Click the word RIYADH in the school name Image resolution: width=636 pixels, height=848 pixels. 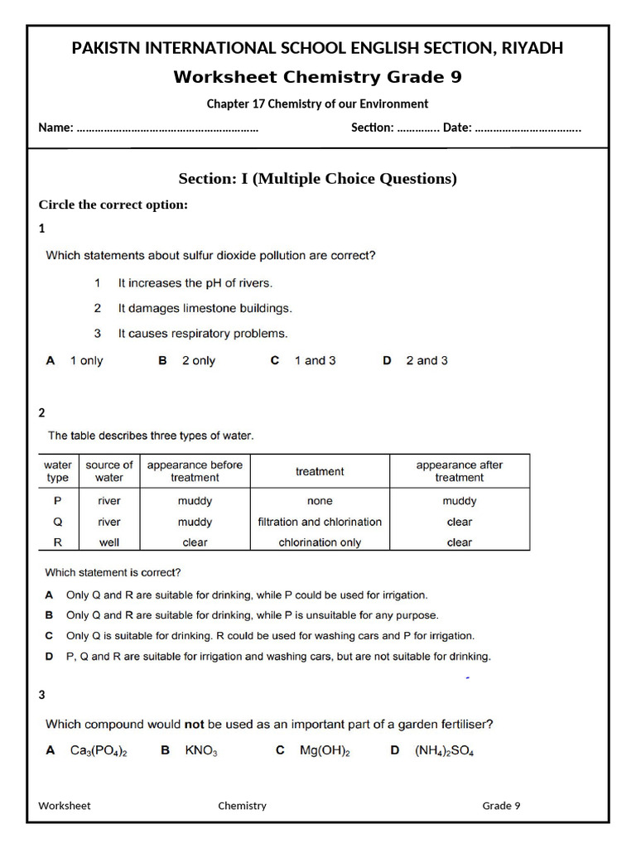coord(531,48)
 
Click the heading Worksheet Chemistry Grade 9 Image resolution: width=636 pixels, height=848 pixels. coord(317,77)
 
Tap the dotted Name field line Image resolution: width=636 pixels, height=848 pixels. coord(166,128)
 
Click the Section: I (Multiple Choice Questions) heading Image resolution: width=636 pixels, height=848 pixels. coord(317,179)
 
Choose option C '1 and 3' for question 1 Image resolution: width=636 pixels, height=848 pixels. coord(315,361)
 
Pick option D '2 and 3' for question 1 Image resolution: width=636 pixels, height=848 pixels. coord(426,361)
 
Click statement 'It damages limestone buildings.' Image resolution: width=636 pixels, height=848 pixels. coord(205,308)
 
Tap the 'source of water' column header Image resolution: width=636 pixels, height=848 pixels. coord(109,471)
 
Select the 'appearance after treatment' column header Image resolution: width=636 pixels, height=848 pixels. coord(459,471)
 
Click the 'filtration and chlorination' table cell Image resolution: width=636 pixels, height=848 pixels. coord(320,523)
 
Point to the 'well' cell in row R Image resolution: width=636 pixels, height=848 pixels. coord(109,543)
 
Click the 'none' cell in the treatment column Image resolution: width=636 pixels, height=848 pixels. coord(320,501)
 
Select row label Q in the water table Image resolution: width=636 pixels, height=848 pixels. coord(57,523)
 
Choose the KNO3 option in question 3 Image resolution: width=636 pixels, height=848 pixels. coord(200,751)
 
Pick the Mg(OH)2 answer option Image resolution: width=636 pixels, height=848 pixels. coord(325,751)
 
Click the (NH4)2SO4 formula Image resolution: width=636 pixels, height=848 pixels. coord(444,751)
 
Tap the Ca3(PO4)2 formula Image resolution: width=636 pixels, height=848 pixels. coord(99,751)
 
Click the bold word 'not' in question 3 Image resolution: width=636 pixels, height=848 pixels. coord(194,725)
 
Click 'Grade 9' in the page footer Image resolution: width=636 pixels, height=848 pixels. coord(501,806)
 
